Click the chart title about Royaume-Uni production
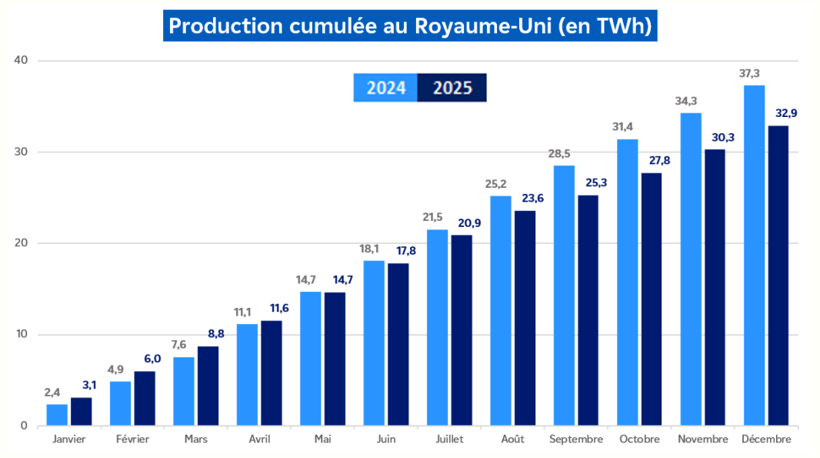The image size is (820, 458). (410, 26)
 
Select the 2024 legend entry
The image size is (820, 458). (385, 88)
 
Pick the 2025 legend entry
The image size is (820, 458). (452, 88)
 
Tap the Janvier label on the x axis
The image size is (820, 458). (69, 440)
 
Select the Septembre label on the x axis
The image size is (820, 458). (576, 440)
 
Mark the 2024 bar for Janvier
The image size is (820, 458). (57, 415)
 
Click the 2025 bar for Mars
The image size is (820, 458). (208, 386)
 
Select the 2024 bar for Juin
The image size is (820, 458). (374, 343)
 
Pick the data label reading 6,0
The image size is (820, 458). (145, 359)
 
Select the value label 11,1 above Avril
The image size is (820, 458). (243, 312)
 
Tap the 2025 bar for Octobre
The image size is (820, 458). (651, 299)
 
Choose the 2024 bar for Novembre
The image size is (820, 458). (691, 269)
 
